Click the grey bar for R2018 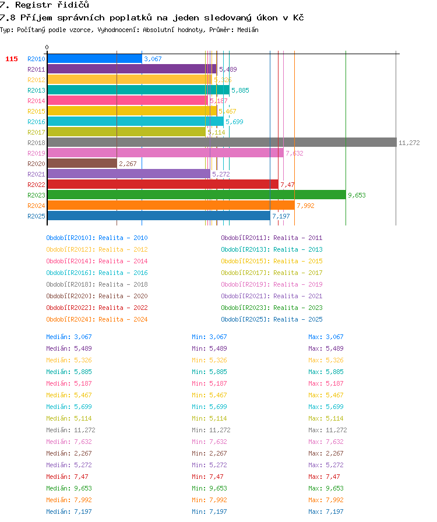[x=222, y=143]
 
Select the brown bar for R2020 [x=82, y=164]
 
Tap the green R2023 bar [x=196, y=195]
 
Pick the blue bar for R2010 [x=94, y=59]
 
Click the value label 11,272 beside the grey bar [x=409, y=143]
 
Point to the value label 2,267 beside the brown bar [x=128, y=164]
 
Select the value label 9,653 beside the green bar [x=357, y=195]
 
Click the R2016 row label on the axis [x=36, y=122]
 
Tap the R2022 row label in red [x=36, y=185]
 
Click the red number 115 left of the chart [x=12, y=59]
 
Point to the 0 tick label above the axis [x=47, y=47]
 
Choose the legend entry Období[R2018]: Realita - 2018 [x=97, y=284]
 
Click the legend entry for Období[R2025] [x=272, y=319]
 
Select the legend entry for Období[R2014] [x=97, y=261]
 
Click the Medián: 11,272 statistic [x=71, y=430]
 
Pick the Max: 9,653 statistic [x=326, y=488]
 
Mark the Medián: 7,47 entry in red [x=67, y=477]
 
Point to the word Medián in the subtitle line [x=248, y=30]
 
